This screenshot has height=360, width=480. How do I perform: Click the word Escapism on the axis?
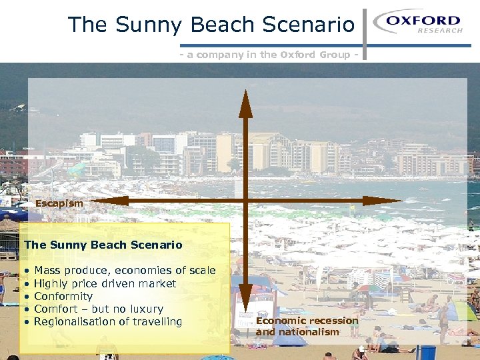(x=59, y=203)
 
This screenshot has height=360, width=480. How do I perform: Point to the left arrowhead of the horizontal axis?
(x=107, y=200)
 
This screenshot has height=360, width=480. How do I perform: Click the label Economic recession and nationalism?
(x=307, y=326)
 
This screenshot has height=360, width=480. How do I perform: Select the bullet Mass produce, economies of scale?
(x=125, y=270)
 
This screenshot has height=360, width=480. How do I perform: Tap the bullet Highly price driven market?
(x=105, y=283)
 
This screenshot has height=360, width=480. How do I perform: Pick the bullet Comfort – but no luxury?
(x=98, y=309)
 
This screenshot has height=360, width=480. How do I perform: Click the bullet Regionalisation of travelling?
(x=107, y=321)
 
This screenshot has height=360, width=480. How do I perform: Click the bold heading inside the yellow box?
(x=103, y=245)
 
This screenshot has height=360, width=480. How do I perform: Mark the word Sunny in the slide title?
(x=147, y=25)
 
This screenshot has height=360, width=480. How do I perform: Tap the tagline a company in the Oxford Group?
(x=269, y=55)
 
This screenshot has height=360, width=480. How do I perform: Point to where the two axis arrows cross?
(x=245, y=200)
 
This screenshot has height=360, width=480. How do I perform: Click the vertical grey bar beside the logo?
(x=365, y=33)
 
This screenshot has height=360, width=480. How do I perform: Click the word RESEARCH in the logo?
(x=439, y=31)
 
